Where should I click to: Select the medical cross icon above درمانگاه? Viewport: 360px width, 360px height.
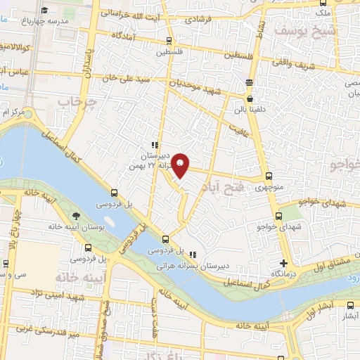(x=283, y=262)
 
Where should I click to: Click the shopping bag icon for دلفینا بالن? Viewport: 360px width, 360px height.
(x=249, y=82)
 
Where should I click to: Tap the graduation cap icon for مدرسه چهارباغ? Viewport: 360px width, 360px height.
(x=45, y=10)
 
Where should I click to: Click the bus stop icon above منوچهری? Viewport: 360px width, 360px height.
(x=269, y=177)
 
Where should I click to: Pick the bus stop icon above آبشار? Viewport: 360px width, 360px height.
(x=352, y=305)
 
